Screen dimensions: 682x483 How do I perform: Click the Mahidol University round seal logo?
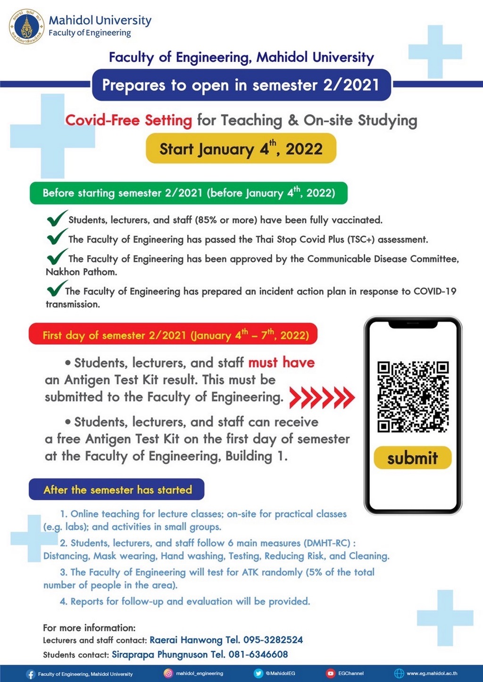tap(27, 26)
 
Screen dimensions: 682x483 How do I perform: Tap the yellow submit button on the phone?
tap(412, 458)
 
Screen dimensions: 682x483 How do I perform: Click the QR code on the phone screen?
tap(413, 396)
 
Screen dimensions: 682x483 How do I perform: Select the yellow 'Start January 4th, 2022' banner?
tap(241, 148)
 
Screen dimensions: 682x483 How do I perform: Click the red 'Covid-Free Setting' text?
tap(128, 120)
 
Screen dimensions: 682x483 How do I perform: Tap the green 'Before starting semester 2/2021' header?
tap(189, 193)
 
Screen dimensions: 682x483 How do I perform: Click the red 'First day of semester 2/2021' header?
tap(173, 335)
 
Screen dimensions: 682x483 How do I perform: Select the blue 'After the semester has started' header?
tap(117, 489)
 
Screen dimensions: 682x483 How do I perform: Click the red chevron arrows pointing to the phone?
tap(322, 397)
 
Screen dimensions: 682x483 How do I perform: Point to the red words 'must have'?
tap(282, 362)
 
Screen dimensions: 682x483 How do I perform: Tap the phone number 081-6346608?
tap(258, 655)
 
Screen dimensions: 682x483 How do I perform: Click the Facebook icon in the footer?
tap(31, 674)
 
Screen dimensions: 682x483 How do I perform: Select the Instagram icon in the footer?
tap(168, 674)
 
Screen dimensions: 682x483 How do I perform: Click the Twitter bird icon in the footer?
tap(258, 674)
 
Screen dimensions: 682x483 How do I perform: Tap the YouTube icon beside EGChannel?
tap(331, 674)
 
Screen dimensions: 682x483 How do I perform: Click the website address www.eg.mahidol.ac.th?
tap(432, 674)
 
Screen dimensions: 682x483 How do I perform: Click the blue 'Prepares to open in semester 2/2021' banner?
tap(241, 85)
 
